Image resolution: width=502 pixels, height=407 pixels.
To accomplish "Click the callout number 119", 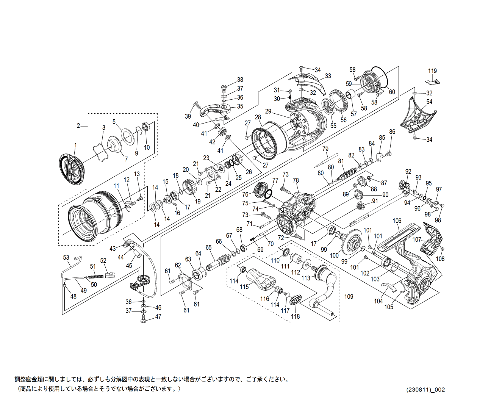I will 432,71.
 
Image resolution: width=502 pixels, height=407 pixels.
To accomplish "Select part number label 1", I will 75,145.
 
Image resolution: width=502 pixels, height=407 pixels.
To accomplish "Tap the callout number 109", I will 349,296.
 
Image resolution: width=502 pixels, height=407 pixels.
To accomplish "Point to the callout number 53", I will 66,258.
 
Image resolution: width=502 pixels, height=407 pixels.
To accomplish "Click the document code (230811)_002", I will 425,390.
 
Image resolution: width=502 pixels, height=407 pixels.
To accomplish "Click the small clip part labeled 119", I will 433,81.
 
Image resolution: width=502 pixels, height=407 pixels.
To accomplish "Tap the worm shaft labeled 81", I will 347,174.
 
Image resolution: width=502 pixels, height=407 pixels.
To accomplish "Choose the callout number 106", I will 397,221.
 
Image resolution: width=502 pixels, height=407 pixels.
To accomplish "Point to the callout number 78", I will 296,180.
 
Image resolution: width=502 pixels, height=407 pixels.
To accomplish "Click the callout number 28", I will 258,117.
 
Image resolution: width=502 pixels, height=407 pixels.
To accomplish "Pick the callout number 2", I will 78,126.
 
